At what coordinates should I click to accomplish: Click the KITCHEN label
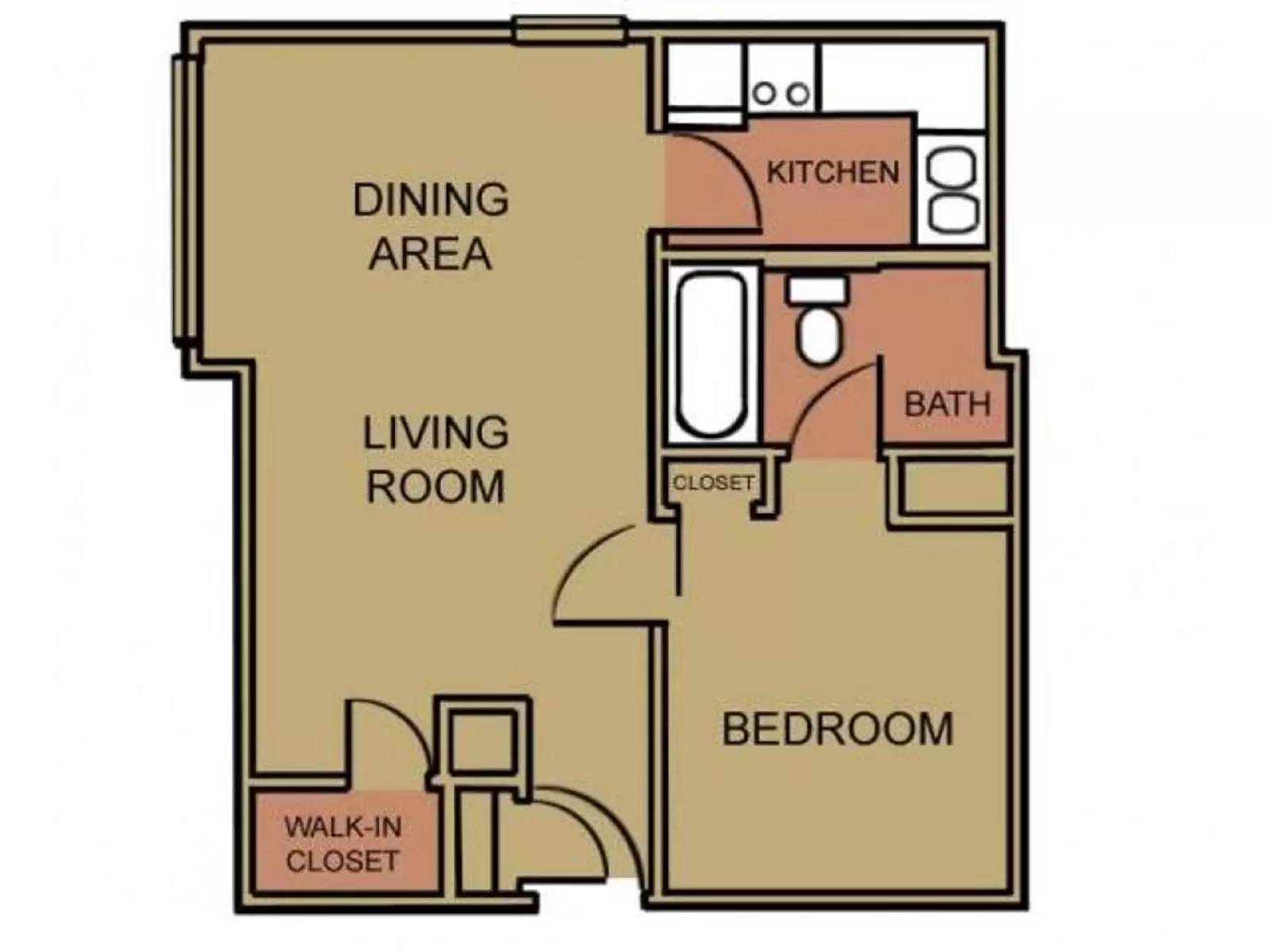[832, 173]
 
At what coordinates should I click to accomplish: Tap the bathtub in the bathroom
[710, 354]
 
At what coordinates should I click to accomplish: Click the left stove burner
[765, 94]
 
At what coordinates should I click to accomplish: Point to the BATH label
[947, 404]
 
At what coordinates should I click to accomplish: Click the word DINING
[431, 199]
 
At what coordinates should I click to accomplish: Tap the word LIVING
[435, 433]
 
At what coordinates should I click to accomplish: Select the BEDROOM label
[837, 729]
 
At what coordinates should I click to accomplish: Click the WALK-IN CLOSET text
[343, 844]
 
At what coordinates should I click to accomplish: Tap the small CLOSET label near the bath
[712, 482]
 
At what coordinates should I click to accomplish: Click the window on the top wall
[569, 30]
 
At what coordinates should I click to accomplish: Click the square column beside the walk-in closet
[483, 740]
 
